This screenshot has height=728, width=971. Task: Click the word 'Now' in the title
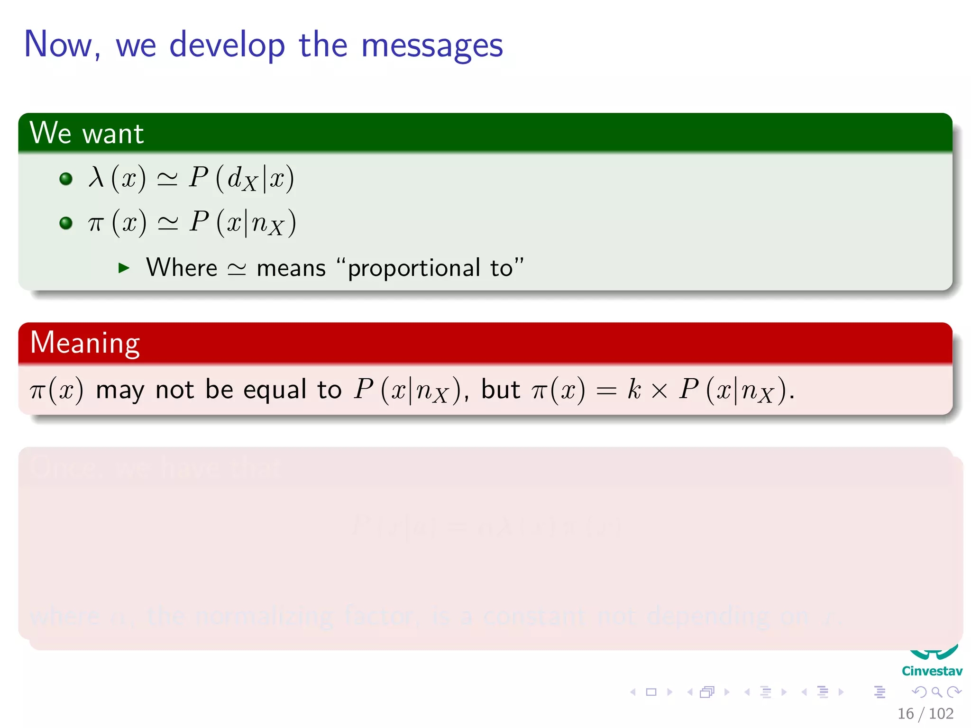(58, 45)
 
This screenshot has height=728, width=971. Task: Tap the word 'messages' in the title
(431, 46)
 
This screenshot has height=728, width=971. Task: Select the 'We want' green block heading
(86, 133)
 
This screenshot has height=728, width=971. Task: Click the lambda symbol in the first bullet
(96, 178)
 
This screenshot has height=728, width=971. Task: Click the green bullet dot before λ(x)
(66, 179)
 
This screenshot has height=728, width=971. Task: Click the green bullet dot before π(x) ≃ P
(66, 223)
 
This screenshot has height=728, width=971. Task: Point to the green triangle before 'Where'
(124, 268)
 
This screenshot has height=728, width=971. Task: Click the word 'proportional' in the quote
(414, 268)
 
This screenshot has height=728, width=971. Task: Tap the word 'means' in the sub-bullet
(291, 268)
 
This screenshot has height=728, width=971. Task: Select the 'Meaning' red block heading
(85, 343)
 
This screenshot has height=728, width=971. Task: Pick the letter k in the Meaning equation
(634, 390)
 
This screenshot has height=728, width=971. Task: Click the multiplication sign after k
(660, 391)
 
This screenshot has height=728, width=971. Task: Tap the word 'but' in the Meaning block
(500, 390)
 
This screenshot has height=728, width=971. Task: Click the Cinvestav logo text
(932, 671)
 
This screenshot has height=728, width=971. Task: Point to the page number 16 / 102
(925, 713)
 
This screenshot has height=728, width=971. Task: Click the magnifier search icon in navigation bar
(936, 692)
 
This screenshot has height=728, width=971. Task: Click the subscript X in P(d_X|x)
(249, 184)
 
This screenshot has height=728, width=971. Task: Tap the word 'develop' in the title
(227, 46)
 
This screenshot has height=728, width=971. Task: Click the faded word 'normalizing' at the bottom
(265, 616)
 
